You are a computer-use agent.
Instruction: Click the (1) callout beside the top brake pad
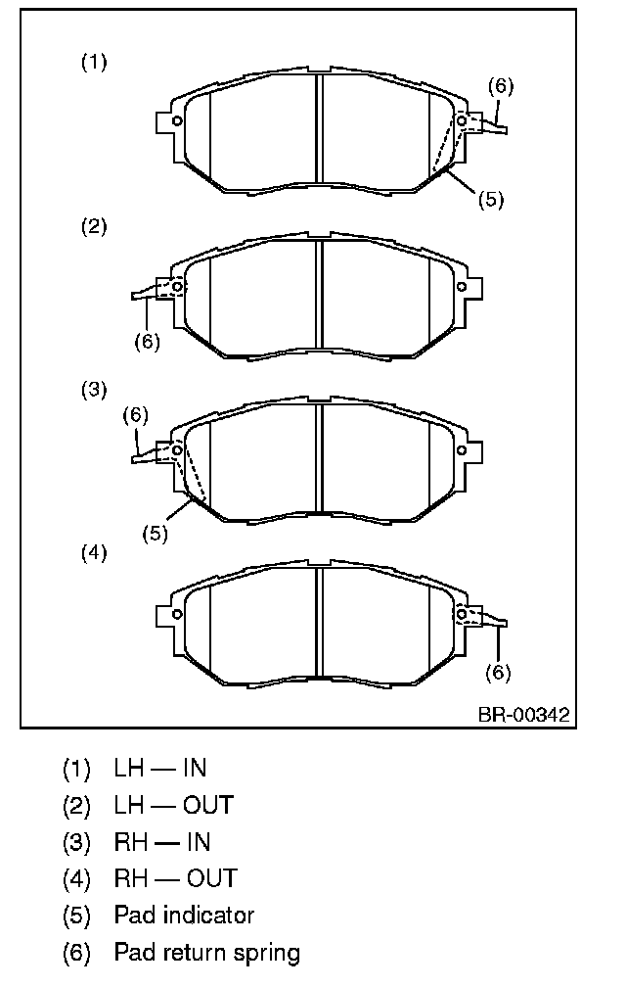[x=94, y=63]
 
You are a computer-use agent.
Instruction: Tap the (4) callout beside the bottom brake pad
[x=94, y=553]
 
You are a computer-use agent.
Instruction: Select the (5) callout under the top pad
[x=491, y=200]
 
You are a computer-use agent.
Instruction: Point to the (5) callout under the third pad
[x=156, y=534]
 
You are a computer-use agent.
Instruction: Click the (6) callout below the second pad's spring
[x=147, y=342]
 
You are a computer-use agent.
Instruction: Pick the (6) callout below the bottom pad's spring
[x=498, y=673]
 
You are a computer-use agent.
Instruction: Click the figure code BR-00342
[x=523, y=715]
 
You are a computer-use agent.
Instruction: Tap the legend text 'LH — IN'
[x=159, y=768]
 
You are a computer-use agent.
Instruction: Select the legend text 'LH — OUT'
[x=173, y=805]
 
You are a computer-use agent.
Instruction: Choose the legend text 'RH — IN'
[x=162, y=842]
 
